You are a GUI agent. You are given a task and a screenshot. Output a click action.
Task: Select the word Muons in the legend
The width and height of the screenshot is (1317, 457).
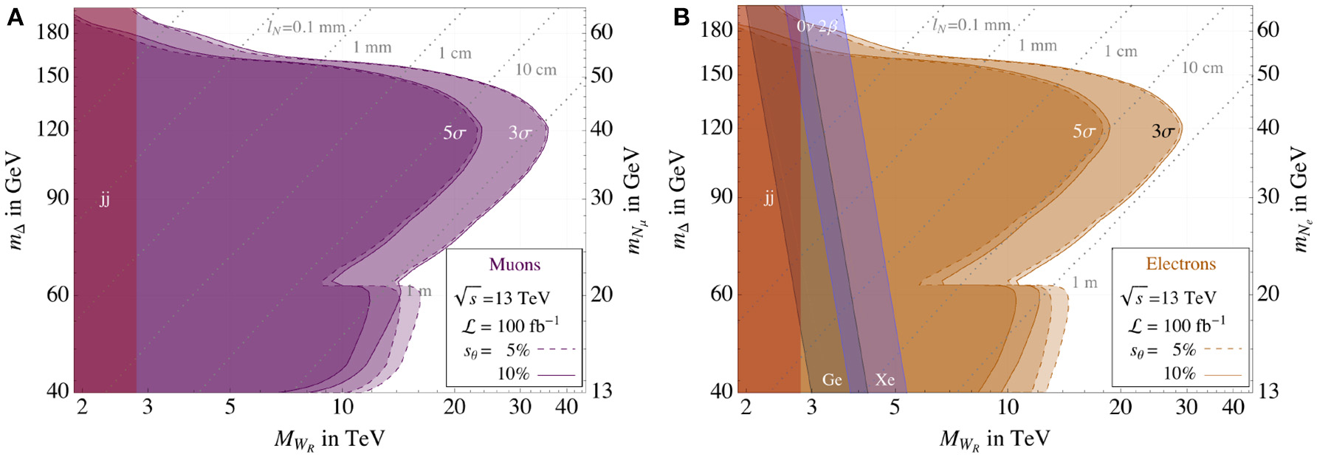515,264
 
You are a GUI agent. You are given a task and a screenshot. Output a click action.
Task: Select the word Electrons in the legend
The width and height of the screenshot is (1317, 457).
1180,264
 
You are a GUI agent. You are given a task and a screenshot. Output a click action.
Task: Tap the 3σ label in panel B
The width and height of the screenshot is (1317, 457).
1163,132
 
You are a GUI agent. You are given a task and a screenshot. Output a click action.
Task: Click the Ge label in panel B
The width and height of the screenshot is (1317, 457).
832,379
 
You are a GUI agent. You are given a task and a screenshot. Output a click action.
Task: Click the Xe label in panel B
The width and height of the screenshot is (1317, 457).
885,379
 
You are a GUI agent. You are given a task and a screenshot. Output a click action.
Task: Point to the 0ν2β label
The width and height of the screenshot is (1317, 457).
817,27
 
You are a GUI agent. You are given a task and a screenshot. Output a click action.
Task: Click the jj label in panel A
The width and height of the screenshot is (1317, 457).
105,199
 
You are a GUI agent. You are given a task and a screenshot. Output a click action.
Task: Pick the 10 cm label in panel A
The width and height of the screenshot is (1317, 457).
536,70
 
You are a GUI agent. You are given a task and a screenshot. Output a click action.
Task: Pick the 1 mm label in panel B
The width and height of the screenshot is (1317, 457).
1038,46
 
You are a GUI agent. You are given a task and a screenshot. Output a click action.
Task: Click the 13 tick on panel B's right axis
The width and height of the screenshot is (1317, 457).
1268,391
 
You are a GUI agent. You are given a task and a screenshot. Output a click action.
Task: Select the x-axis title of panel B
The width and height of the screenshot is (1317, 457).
994,439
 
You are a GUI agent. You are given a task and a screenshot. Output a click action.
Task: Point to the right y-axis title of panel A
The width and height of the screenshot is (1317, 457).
633,200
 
